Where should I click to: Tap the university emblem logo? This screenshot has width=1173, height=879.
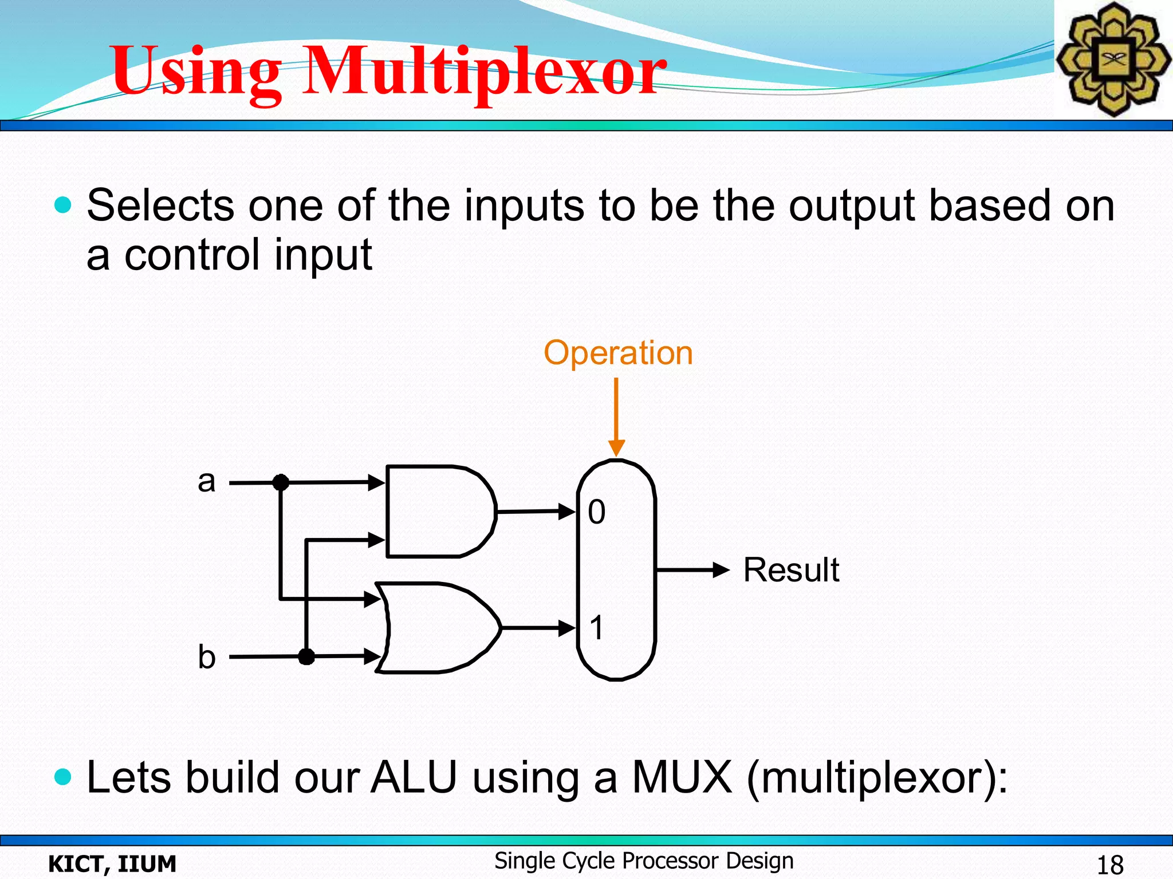coord(1113,59)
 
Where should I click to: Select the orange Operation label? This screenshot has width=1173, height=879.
coord(618,353)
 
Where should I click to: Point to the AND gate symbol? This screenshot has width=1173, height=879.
coord(438,511)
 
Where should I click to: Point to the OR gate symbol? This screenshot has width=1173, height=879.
coord(438,628)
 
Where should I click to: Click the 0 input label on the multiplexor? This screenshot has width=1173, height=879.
coord(596,512)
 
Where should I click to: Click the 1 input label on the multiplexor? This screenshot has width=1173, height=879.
coord(596,628)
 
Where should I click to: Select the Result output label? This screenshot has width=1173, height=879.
coord(791,570)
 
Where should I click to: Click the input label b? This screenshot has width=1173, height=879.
coord(206,656)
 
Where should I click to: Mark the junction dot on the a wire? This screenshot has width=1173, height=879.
coord(281,483)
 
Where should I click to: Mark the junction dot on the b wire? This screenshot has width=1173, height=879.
coord(306,656)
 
